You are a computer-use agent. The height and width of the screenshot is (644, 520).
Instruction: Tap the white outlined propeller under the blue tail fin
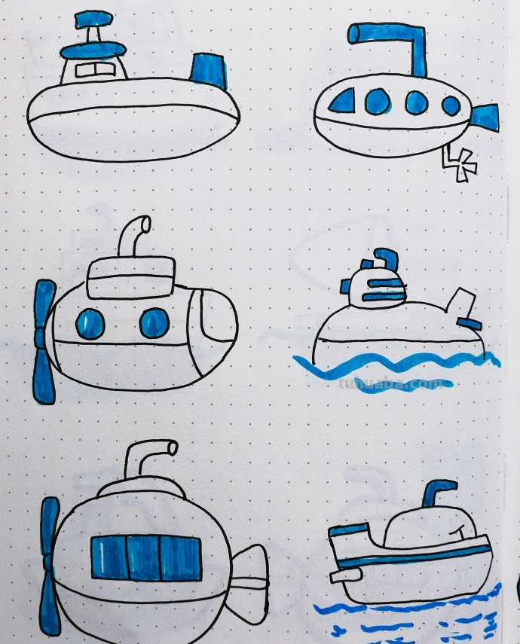point(460,165)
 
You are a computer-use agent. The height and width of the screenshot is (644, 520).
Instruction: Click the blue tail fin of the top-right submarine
point(482,116)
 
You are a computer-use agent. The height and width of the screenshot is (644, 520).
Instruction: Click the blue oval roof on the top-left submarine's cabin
point(93,50)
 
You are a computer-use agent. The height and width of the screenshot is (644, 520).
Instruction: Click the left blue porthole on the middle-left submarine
point(90,324)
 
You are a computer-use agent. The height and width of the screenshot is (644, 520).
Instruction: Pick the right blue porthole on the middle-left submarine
point(154,322)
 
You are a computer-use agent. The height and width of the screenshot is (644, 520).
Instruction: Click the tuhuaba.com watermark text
point(407,383)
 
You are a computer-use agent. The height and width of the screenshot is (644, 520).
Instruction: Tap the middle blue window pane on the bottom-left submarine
point(142,558)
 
